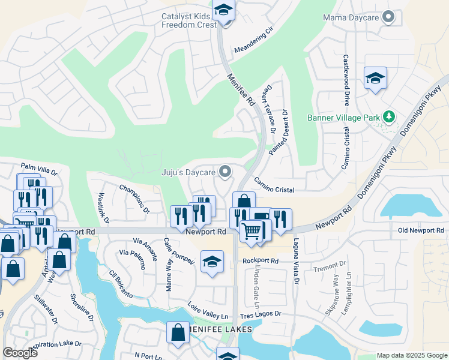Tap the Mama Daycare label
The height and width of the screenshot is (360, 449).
pos(351,18)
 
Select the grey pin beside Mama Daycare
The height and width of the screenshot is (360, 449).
pos(389,17)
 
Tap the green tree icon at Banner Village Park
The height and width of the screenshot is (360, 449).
pos(390,116)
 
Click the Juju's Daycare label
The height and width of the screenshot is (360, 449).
pos(188,173)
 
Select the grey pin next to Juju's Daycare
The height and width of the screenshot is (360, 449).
pos(225,172)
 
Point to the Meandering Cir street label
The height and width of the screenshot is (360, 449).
pos(253,40)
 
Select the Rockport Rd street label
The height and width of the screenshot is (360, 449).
pos(261,261)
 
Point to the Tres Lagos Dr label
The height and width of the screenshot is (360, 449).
pos(261,314)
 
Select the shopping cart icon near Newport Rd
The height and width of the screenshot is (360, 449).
pos(252,230)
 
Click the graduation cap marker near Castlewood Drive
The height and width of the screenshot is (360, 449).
pos(375,79)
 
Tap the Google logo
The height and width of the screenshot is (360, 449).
pos(20,353)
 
